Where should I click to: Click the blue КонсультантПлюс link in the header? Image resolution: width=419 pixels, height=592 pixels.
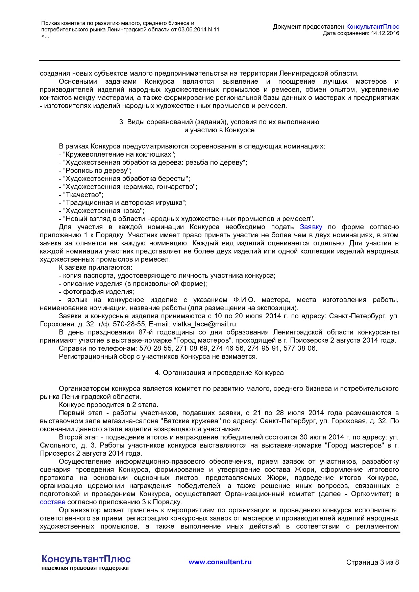click(372, 27)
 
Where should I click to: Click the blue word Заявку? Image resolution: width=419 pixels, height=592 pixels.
click(311, 227)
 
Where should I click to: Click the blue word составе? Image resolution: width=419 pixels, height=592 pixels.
click(52, 502)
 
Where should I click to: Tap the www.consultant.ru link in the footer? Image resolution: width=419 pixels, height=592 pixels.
click(220, 562)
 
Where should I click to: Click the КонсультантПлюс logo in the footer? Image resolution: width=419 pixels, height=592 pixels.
click(86, 559)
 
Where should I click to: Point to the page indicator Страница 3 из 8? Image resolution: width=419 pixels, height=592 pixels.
click(372, 562)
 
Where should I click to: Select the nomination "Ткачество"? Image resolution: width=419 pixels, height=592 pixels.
click(83, 195)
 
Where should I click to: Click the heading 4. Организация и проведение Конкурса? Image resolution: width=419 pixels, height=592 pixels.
click(219, 373)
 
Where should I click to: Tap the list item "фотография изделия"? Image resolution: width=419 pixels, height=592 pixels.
click(98, 292)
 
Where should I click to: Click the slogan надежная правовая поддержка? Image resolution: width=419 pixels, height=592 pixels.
click(85, 568)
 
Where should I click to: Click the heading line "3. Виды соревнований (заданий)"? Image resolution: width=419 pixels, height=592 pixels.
click(219, 122)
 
